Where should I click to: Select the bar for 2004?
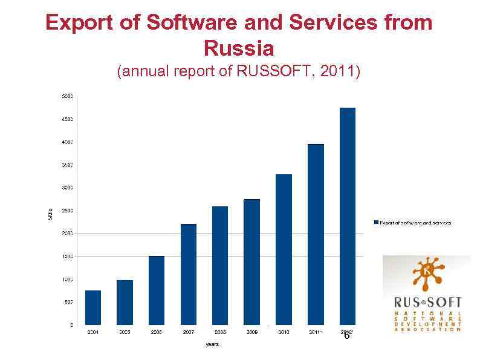pos(93,307)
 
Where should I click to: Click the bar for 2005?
pos(125,303)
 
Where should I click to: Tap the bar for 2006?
pos(157,290)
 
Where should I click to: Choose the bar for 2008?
pos(220,266)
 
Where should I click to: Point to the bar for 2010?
pos(284,249)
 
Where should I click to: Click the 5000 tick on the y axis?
pos(67,96)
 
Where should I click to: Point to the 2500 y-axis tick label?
pos(67,211)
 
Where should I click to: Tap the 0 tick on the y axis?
pos(71,325)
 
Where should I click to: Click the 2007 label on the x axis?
pos(189,333)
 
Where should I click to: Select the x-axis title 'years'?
pos(212,344)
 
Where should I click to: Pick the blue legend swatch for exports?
pos(376,223)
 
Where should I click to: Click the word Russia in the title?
pos(239,47)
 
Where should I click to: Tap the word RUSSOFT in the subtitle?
pos(275,72)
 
